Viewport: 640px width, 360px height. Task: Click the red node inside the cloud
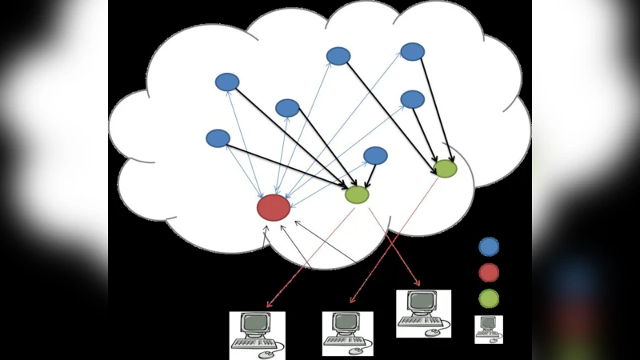tap(274, 207)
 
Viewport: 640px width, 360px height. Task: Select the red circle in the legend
tap(489, 273)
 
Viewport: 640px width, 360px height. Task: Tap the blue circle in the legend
tap(489, 246)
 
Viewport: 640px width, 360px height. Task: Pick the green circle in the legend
tap(489, 298)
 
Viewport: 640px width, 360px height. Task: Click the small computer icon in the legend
tap(488, 328)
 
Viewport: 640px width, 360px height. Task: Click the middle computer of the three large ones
tap(347, 333)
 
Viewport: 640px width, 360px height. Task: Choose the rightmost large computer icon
tap(423, 313)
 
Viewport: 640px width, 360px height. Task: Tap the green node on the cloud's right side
tap(445, 168)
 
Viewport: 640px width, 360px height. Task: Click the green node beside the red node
tap(357, 194)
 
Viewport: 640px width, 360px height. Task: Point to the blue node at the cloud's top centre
tap(338, 56)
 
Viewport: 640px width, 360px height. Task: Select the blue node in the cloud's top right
tap(412, 52)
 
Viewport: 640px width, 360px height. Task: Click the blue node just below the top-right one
tap(412, 99)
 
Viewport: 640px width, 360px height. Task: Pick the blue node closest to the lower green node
tap(375, 155)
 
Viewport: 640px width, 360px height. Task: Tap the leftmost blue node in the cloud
tap(218, 138)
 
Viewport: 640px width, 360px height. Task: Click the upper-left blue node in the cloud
tap(227, 82)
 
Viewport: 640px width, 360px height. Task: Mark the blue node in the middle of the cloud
tap(287, 108)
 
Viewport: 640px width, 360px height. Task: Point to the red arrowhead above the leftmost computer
tap(270, 305)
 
